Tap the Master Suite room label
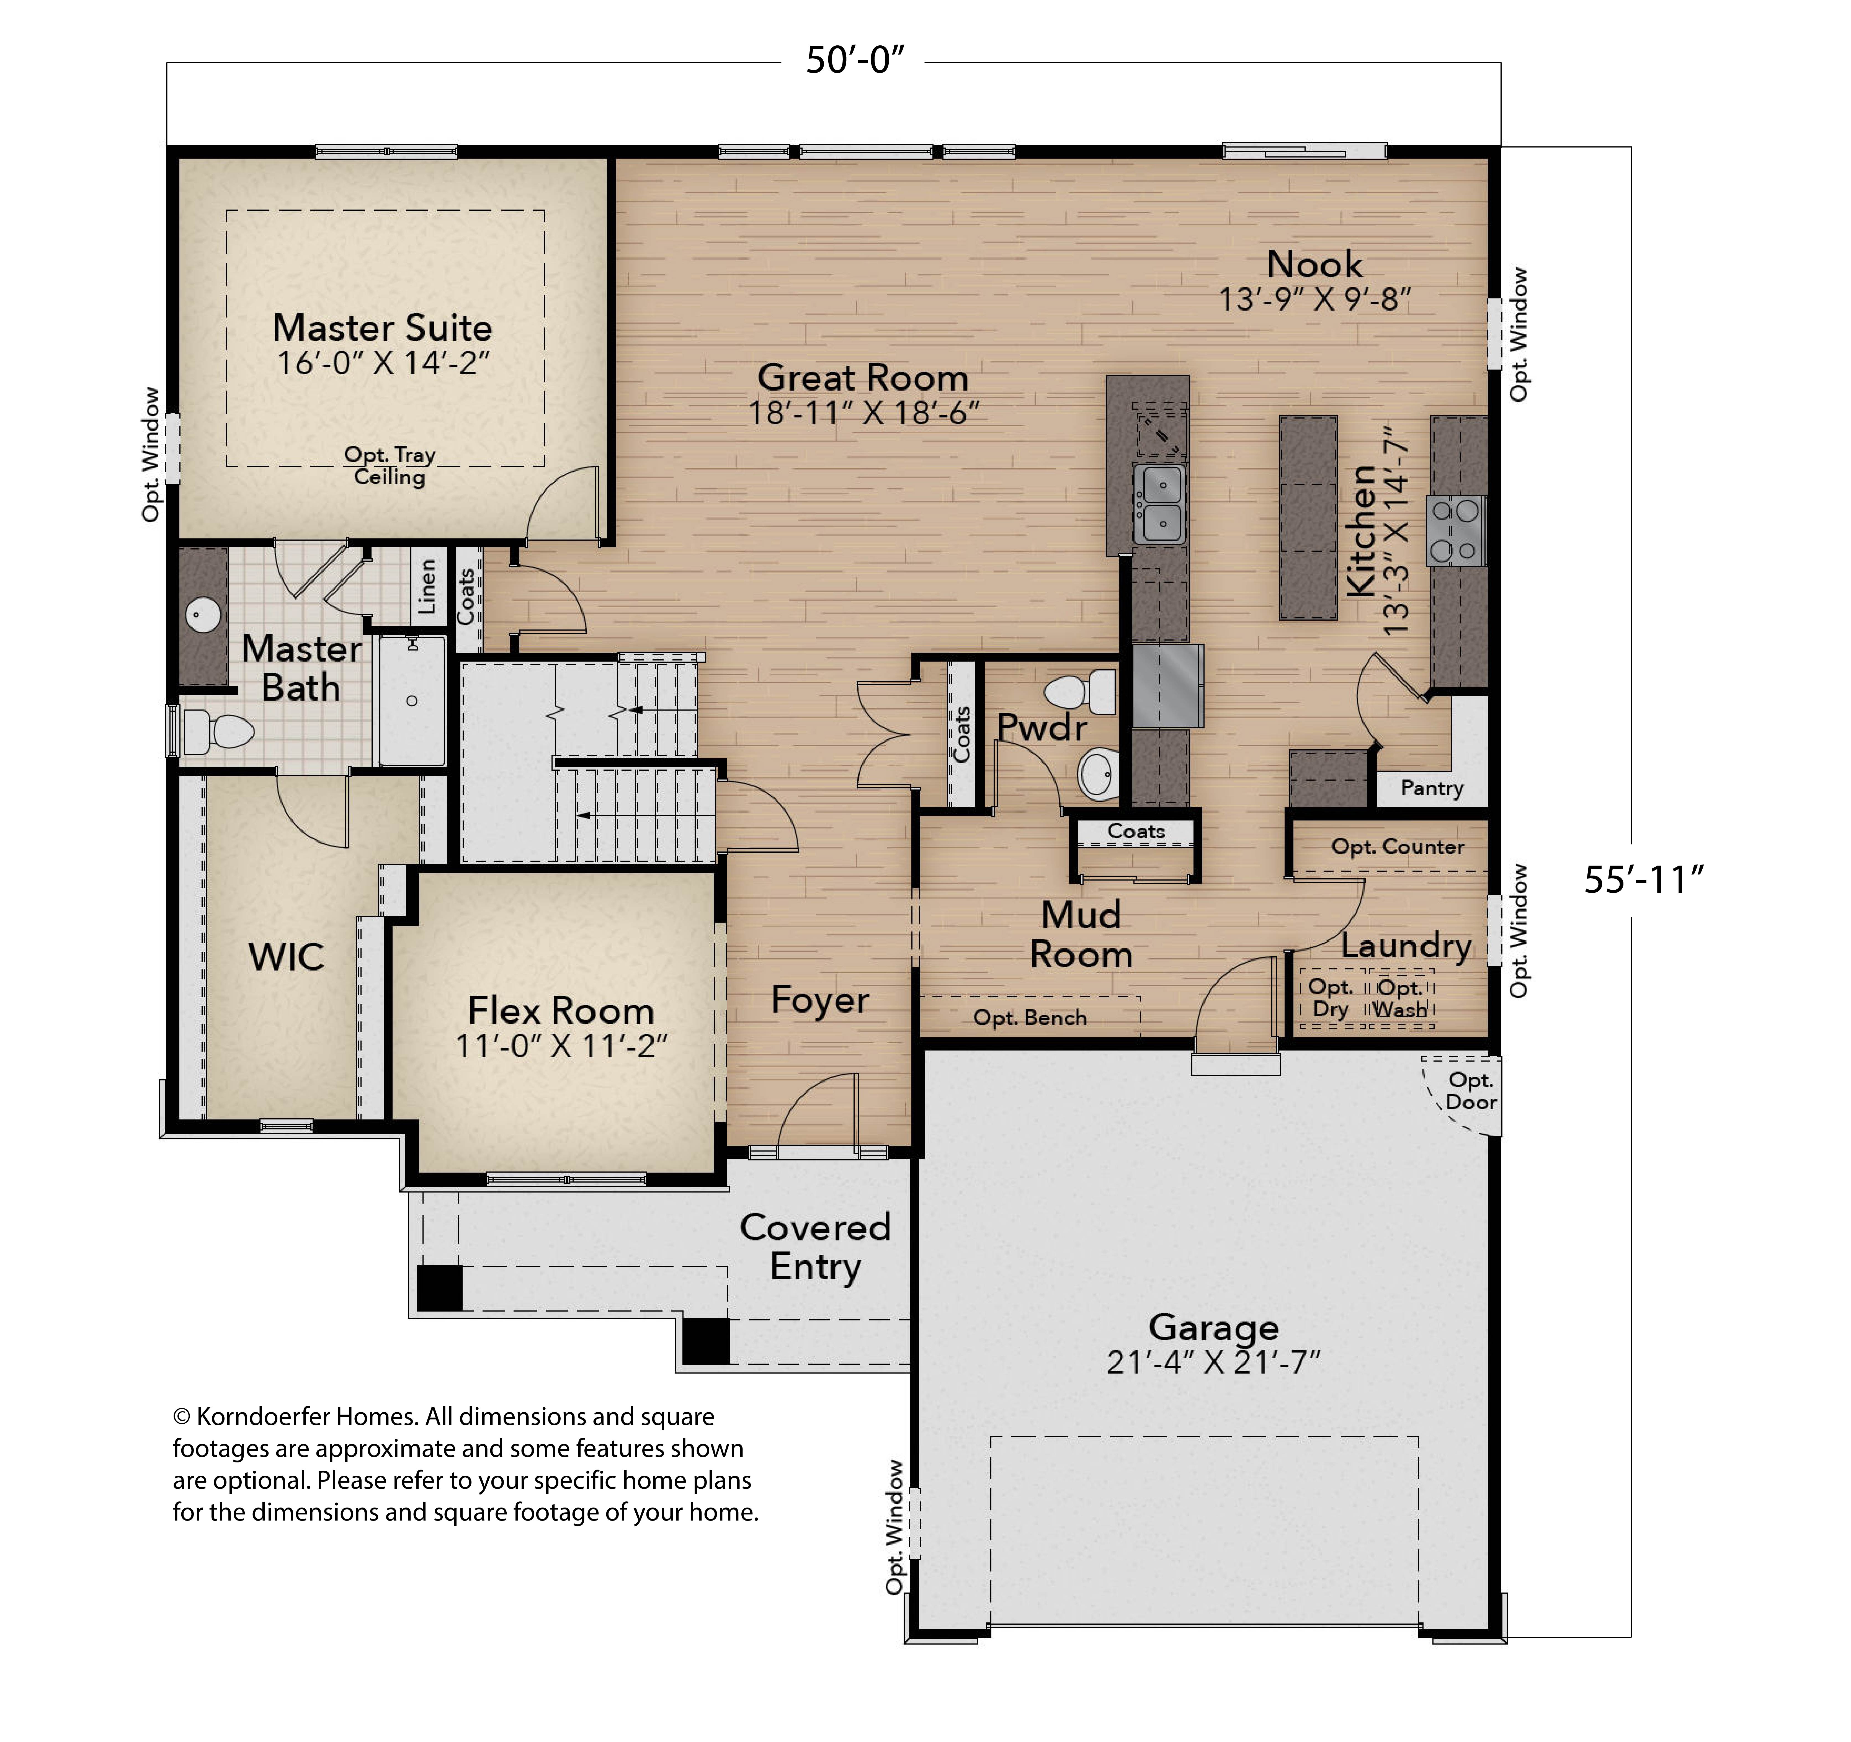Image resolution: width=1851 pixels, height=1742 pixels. (x=383, y=328)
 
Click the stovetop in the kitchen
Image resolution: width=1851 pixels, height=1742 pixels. (x=1455, y=531)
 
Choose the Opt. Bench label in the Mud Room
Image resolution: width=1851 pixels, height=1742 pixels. (x=1030, y=1018)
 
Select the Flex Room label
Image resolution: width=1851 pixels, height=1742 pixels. (x=561, y=1011)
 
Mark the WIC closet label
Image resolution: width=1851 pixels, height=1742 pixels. (x=286, y=957)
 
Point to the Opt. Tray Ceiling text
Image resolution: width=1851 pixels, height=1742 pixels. (x=389, y=466)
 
